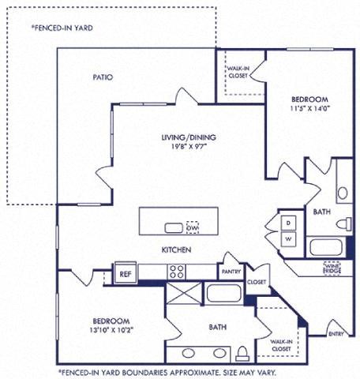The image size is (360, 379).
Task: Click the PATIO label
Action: (x=102, y=77)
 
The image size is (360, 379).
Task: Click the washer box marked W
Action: (x=289, y=238)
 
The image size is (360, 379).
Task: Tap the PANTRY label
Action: (x=232, y=271)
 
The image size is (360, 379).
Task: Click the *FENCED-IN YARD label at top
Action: (x=62, y=27)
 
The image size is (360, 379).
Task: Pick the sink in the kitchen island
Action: (x=172, y=227)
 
